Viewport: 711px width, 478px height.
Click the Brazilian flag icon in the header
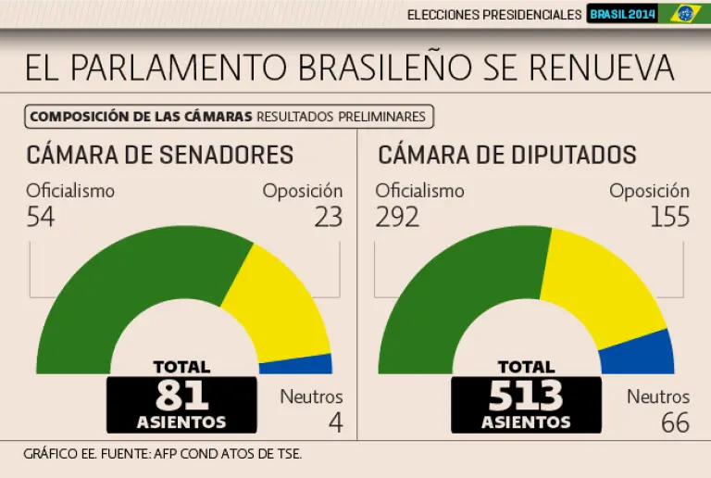(x=685, y=13)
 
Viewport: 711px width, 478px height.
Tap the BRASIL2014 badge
(x=622, y=14)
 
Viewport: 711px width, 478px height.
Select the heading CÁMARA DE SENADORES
(x=160, y=155)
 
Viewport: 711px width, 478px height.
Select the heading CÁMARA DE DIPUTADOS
(x=507, y=155)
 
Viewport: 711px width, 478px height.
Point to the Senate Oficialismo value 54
(x=41, y=217)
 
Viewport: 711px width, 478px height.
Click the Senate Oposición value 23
(x=328, y=217)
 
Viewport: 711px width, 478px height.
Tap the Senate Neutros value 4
(x=335, y=422)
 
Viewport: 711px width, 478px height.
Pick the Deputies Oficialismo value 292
(x=397, y=217)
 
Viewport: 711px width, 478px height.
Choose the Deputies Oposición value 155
(x=669, y=217)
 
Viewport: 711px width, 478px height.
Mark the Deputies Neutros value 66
(x=675, y=422)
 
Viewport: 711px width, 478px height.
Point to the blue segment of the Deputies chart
(x=639, y=355)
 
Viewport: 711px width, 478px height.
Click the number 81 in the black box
(x=181, y=396)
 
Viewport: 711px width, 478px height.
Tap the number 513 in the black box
(x=526, y=396)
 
